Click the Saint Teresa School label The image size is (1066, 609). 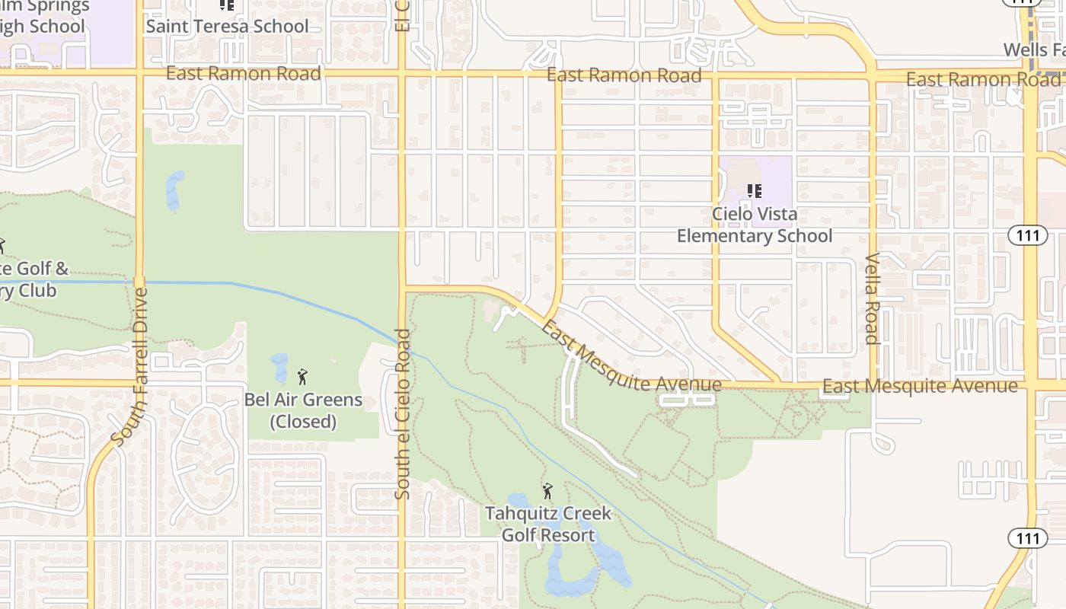227,26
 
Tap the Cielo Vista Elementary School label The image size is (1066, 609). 755,225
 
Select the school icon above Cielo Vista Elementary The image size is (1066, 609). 755,190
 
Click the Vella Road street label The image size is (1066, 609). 873,298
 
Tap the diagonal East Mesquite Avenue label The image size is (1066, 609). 631,356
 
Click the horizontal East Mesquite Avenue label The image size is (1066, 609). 920,387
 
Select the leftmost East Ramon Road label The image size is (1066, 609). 243,73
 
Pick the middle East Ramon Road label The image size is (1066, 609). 624,75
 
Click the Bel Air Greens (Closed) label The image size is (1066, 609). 303,410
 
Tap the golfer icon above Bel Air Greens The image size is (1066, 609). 302,376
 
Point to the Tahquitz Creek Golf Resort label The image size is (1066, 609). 548,524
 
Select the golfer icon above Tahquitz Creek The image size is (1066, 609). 547,491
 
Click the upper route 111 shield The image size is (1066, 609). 1028,235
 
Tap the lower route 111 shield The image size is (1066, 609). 1028,538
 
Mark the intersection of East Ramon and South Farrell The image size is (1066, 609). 140,73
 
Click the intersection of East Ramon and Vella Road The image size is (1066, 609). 873,78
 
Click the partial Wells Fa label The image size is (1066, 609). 1034,50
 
